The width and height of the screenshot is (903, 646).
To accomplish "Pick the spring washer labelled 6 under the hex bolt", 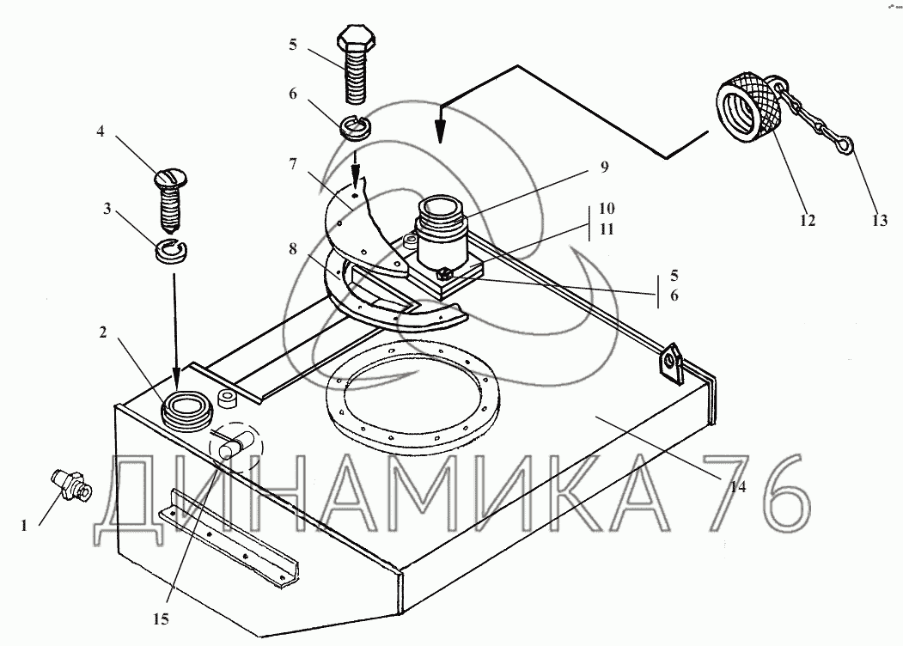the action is (x=357, y=126).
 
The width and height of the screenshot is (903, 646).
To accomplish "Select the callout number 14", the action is (x=738, y=486).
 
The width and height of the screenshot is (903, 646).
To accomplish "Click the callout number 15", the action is (x=162, y=619).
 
